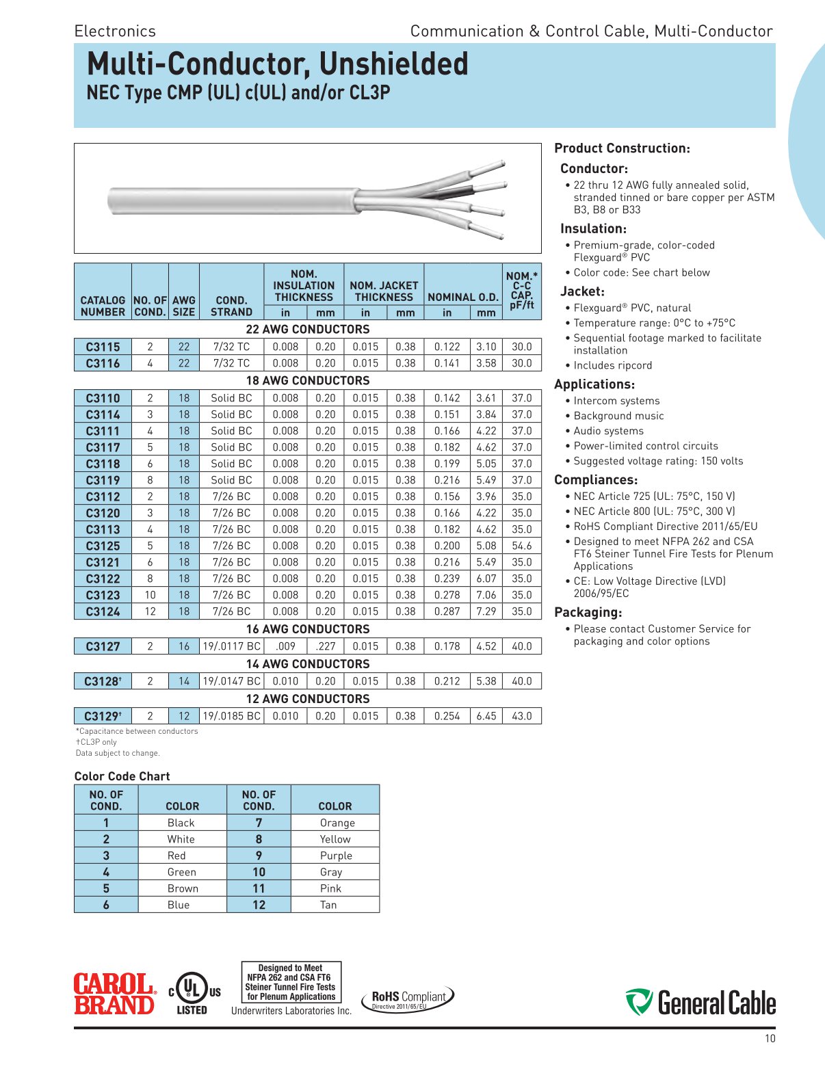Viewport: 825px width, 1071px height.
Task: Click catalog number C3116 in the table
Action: (x=103, y=363)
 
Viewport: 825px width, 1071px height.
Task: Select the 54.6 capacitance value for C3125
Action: (x=521, y=546)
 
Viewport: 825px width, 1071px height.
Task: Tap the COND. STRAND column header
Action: (x=231, y=306)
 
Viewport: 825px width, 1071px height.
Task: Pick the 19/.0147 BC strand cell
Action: (x=232, y=681)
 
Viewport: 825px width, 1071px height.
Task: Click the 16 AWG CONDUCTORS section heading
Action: (x=307, y=629)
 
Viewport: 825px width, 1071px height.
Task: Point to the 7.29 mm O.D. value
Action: (x=486, y=611)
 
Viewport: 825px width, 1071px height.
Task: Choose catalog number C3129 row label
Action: (x=103, y=716)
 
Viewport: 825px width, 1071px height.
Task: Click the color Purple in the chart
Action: (x=336, y=856)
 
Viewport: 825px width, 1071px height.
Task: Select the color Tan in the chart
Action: (x=328, y=905)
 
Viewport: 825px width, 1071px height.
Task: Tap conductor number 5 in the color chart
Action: (x=106, y=888)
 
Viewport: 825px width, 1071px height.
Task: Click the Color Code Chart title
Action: (x=122, y=776)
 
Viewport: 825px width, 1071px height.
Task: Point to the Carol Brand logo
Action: (x=114, y=994)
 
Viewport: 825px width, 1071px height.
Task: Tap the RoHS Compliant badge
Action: (x=408, y=999)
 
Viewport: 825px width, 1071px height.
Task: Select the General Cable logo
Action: (x=700, y=1003)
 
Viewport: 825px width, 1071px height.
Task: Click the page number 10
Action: (x=770, y=1039)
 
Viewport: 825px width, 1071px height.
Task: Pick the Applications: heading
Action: (x=594, y=384)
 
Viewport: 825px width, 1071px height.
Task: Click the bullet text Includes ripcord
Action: (x=612, y=365)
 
